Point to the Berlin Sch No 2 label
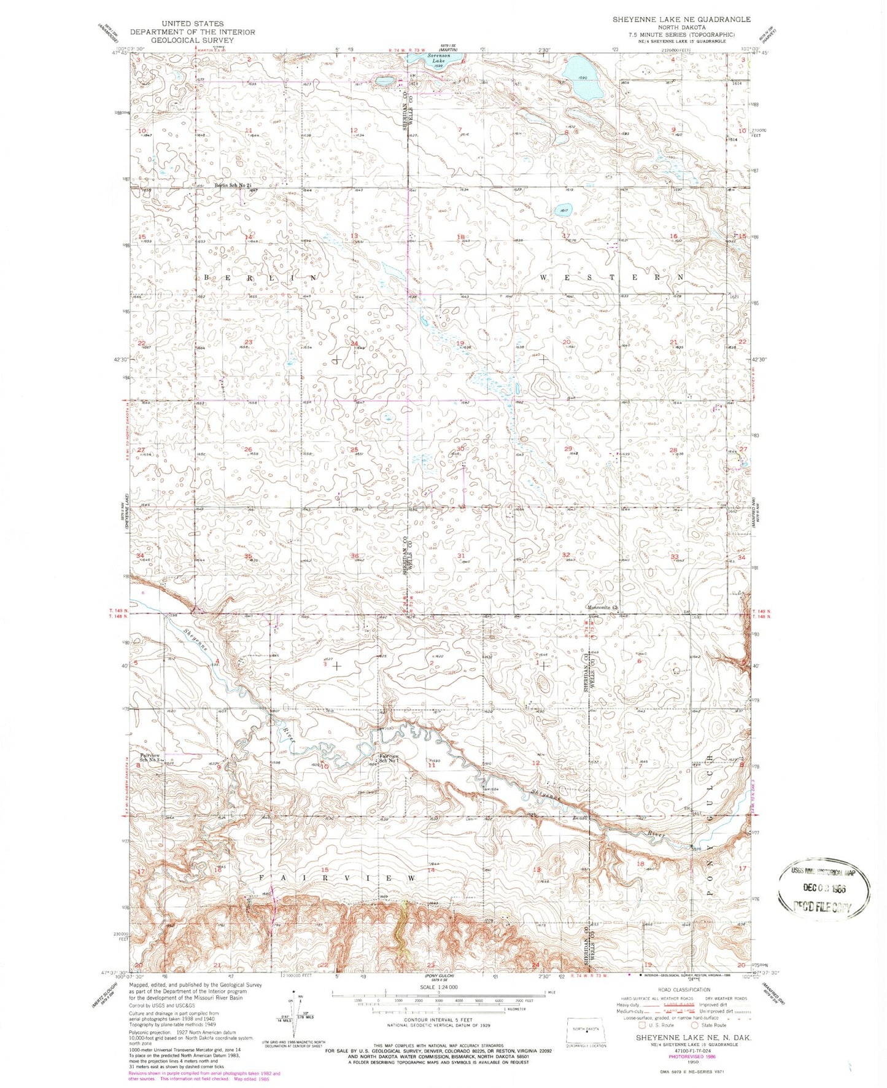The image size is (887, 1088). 233,185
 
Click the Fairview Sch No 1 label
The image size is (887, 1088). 389,758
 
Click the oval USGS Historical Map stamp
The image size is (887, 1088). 824,887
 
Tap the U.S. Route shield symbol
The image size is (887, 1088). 642,1025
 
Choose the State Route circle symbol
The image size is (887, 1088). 695,1025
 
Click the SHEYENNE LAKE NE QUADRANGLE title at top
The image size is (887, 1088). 681,20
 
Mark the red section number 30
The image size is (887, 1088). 460,449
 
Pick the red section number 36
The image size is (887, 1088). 354,556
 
